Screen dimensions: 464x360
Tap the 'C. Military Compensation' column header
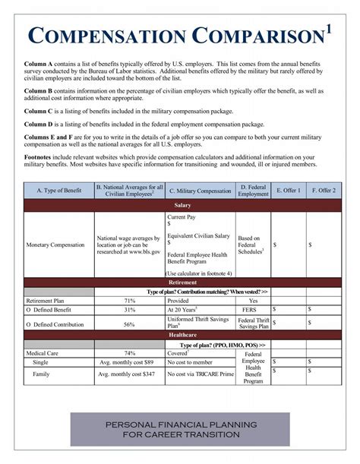(x=199, y=191)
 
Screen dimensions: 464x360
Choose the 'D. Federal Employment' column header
(x=253, y=191)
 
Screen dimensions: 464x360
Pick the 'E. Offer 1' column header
(x=288, y=191)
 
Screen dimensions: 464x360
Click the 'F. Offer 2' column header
(x=323, y=191)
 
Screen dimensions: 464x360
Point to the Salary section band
(x=182, y=206)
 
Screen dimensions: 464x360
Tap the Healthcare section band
(x=182, y=334)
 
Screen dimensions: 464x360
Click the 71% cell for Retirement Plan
(x=129, y=301)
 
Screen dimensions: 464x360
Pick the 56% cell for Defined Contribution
(x=129, y=324)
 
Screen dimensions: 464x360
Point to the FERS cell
(x=253, y=310)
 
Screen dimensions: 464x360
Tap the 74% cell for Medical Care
(x=130, y=353)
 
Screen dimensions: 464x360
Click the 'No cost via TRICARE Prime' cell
(x=199, y=374)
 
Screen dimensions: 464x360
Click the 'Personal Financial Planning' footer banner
(x=181, y=429)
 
